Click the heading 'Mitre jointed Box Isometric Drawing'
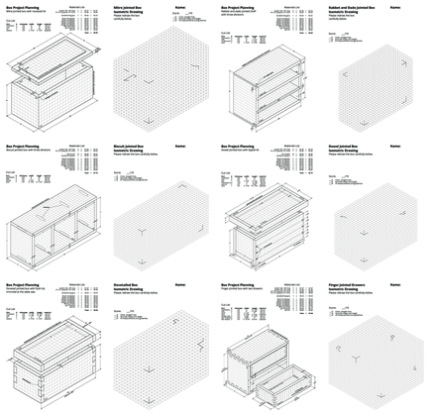131,10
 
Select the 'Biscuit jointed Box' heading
130,150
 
